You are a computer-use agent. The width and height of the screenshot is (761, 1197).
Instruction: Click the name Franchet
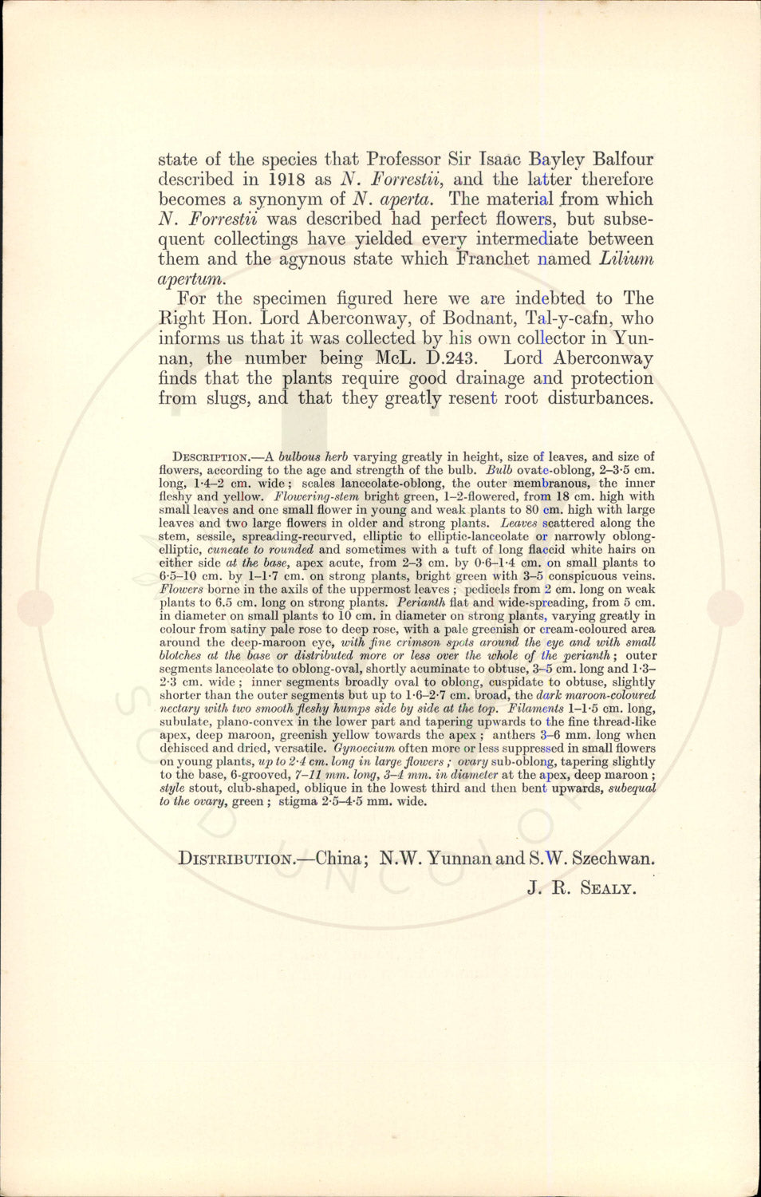click(493, 259)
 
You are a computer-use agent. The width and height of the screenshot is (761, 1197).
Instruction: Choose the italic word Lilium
click(626, 259)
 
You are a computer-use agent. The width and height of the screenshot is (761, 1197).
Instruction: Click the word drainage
click(490, 378)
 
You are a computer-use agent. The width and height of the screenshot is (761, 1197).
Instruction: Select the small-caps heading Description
click(211, 457)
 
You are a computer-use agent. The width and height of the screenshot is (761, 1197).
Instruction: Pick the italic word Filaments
click(536, 709)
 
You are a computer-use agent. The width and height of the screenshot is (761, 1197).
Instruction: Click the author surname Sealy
click(608, 888)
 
